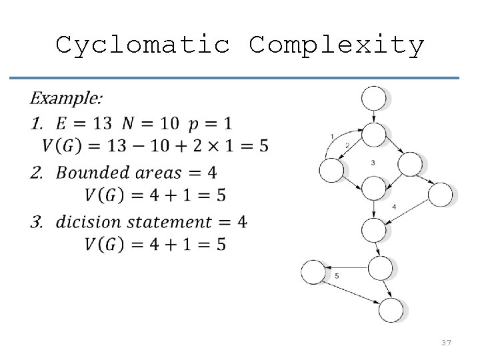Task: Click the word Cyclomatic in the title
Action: point(143,45)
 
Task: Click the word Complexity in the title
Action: point(337,45)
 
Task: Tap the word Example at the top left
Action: point(66,99)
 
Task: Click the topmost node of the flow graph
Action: point(373,99)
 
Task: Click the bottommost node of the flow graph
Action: point(391,309)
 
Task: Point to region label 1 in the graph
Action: point(332,137)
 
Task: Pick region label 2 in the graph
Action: point(346,145)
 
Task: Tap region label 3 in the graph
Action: point(373,163)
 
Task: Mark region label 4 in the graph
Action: point(394,207)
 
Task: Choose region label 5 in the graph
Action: point(337,275)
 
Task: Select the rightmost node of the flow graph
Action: point(440,195)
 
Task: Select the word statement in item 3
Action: point(173,221)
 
